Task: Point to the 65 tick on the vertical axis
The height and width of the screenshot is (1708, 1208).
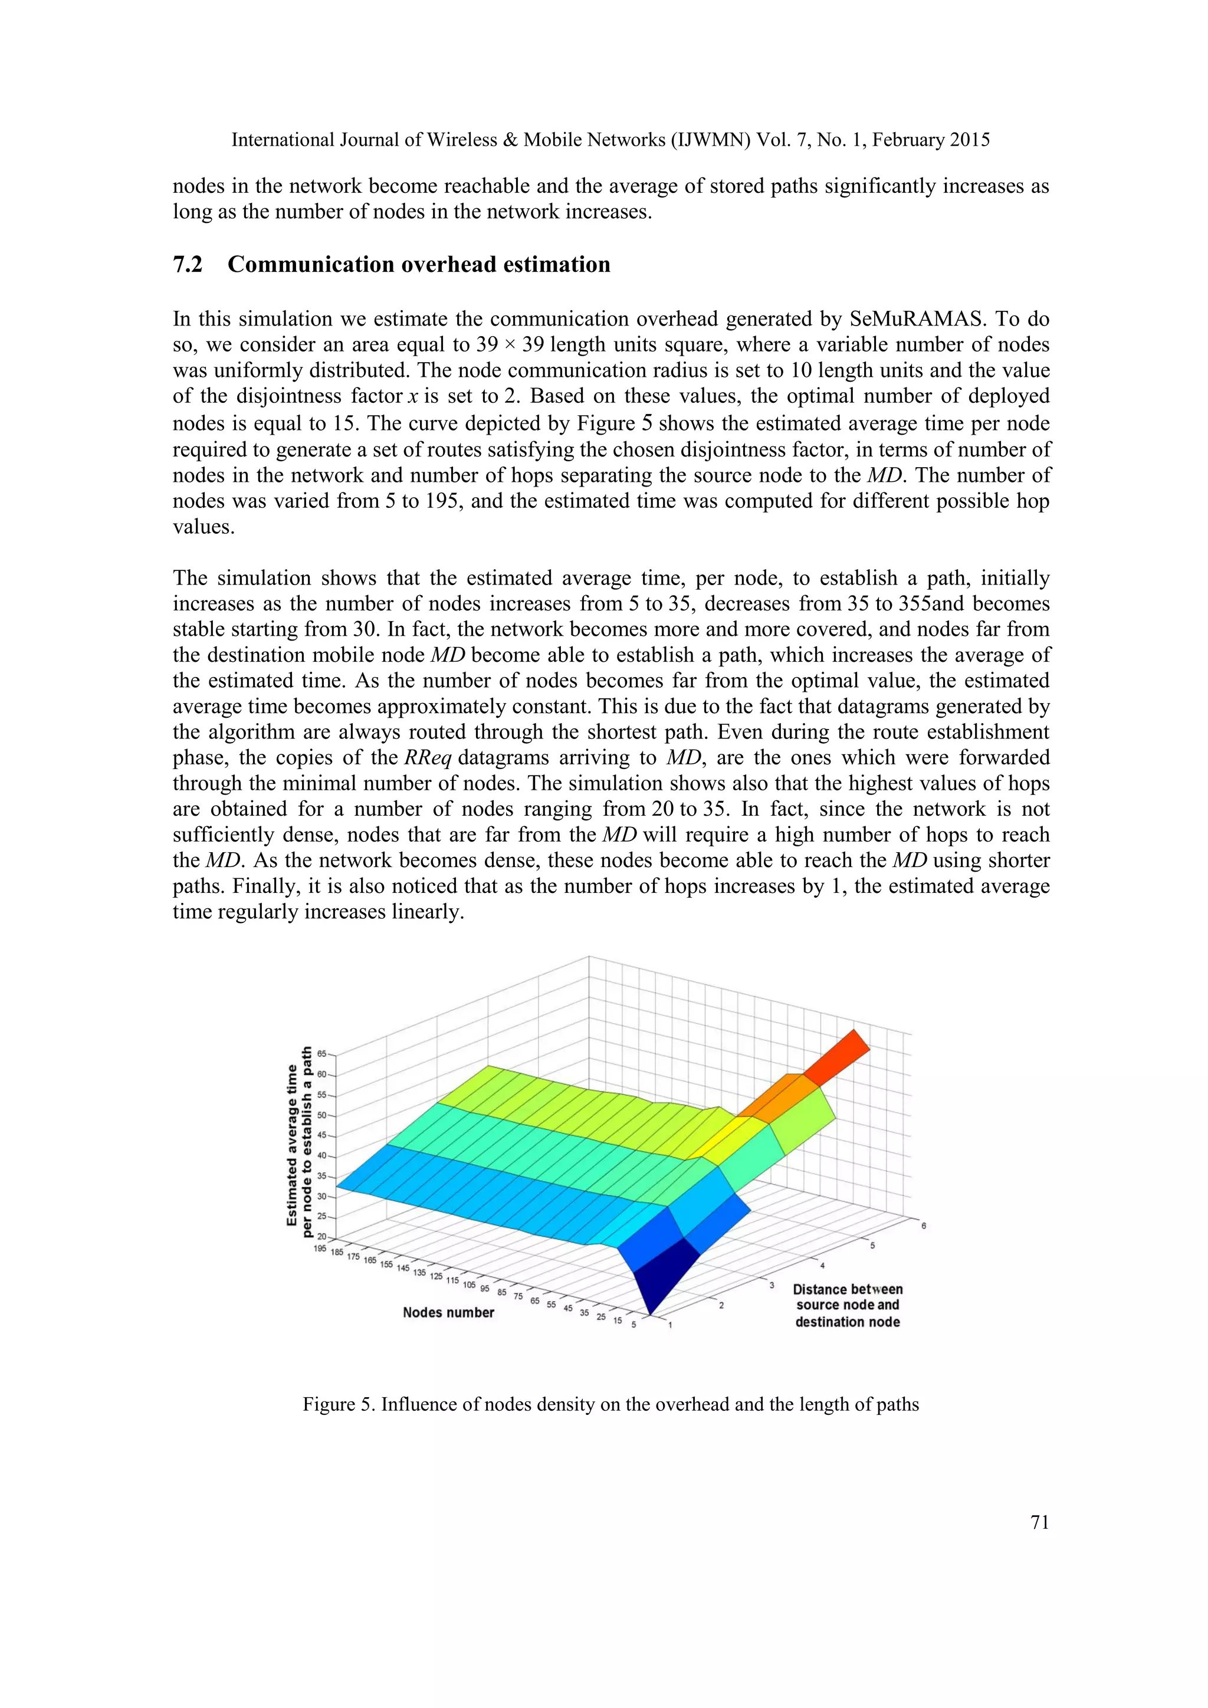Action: (x=321, y=1054)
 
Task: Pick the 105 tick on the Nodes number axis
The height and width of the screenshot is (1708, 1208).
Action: (x=468, y=1285)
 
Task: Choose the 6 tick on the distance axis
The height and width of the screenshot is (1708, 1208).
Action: (x=923, y=1225)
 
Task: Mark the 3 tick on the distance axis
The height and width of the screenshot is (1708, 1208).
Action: (x=772, y=1285)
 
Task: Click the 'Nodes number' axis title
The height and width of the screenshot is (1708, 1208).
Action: (x=448, y=1312)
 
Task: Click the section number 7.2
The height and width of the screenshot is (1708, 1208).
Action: (x=188, y=265)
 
